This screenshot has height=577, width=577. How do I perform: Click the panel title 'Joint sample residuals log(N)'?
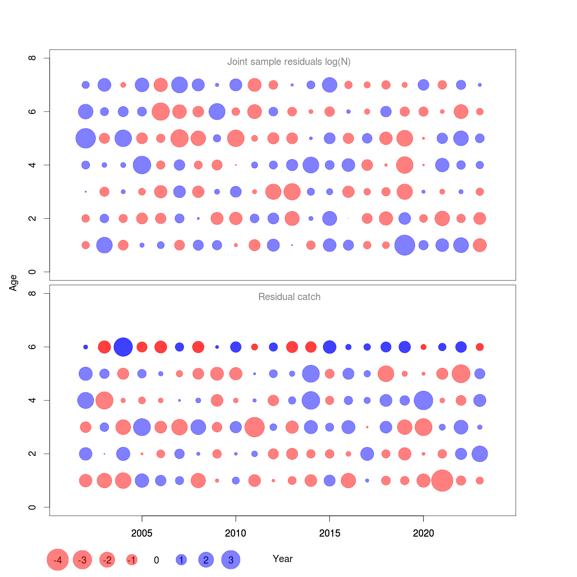click(x=288, y=62)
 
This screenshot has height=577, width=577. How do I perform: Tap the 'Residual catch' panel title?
click(x=289, y=297)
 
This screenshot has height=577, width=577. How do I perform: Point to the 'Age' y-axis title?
click(x=13, y=283)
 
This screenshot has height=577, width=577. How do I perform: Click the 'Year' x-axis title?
click(x=282, y=559)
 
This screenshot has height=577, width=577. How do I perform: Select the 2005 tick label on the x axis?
click(x=142, y=533)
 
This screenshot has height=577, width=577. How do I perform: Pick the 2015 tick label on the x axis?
click(x=329, y=533)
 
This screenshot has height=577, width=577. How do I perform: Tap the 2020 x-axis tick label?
click(x=423, y=533)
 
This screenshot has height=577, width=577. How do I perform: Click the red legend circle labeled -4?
click(x=58, y=560)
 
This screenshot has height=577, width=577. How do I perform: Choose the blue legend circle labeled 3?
click(x=231, y=560)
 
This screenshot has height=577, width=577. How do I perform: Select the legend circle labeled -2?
click(x=107, y=560)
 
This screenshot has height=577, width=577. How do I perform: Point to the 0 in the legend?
click(x=156, y=560)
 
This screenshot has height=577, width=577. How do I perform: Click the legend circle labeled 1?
click(x=181, y=560)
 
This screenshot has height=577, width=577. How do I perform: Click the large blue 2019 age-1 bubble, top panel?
click(x=404, y=245)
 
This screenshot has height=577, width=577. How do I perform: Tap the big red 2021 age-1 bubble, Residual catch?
click(x=442, y=480)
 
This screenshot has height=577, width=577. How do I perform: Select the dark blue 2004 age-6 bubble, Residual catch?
click(x=123, y=347)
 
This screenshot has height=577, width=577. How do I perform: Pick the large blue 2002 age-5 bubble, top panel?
click(x=86, y=138)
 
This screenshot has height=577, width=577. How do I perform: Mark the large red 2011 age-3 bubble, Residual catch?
click(x=254, y=427)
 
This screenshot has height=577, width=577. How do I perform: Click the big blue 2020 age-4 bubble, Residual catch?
click(x=423, y=400)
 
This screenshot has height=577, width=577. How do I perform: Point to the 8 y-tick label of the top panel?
click(x=32, y=58)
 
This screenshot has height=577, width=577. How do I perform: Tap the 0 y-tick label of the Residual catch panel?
click(x=32, y=507)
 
